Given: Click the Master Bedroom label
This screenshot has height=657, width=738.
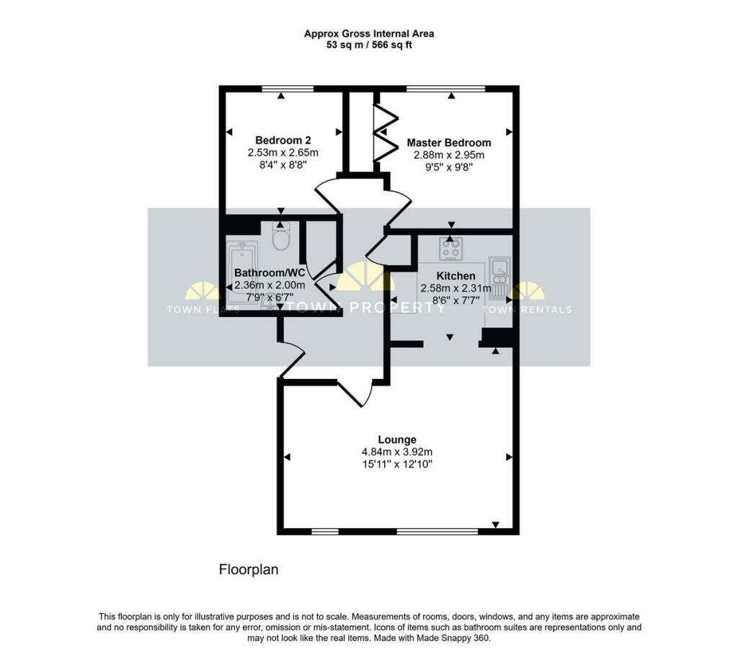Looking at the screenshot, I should pyautogui.click(x=448, y=143).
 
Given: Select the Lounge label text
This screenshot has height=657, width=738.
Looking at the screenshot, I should pyautogui.click(x=397, y=439).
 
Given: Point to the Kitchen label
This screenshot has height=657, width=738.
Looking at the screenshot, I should pyautogui.click(x=456, y=276).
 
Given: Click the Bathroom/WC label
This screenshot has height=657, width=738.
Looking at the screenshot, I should pyautogui.click(x=270, y=273).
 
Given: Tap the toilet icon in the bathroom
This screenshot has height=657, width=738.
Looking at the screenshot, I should pyautogui.click(x=280, y=236).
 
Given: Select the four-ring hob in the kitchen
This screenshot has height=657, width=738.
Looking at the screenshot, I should pyautogui.click(x=451, y=249).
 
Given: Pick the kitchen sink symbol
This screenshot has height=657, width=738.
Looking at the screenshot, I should pyautogui.click(x=499, y=276).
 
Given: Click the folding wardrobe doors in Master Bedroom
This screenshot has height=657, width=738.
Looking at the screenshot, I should pyautogui.click(x=385, y=133).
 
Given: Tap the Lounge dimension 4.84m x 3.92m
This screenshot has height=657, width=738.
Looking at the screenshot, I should pyautogui.click(x=397, y=452).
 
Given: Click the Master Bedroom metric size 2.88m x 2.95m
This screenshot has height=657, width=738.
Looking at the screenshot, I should pyautogui.click(x=448, y=155).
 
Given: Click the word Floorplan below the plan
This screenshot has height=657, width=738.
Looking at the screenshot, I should pyautogui.click(x=249, y=570).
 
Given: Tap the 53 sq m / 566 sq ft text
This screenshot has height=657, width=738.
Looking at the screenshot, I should pyautogui.click(x=368, y=45).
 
